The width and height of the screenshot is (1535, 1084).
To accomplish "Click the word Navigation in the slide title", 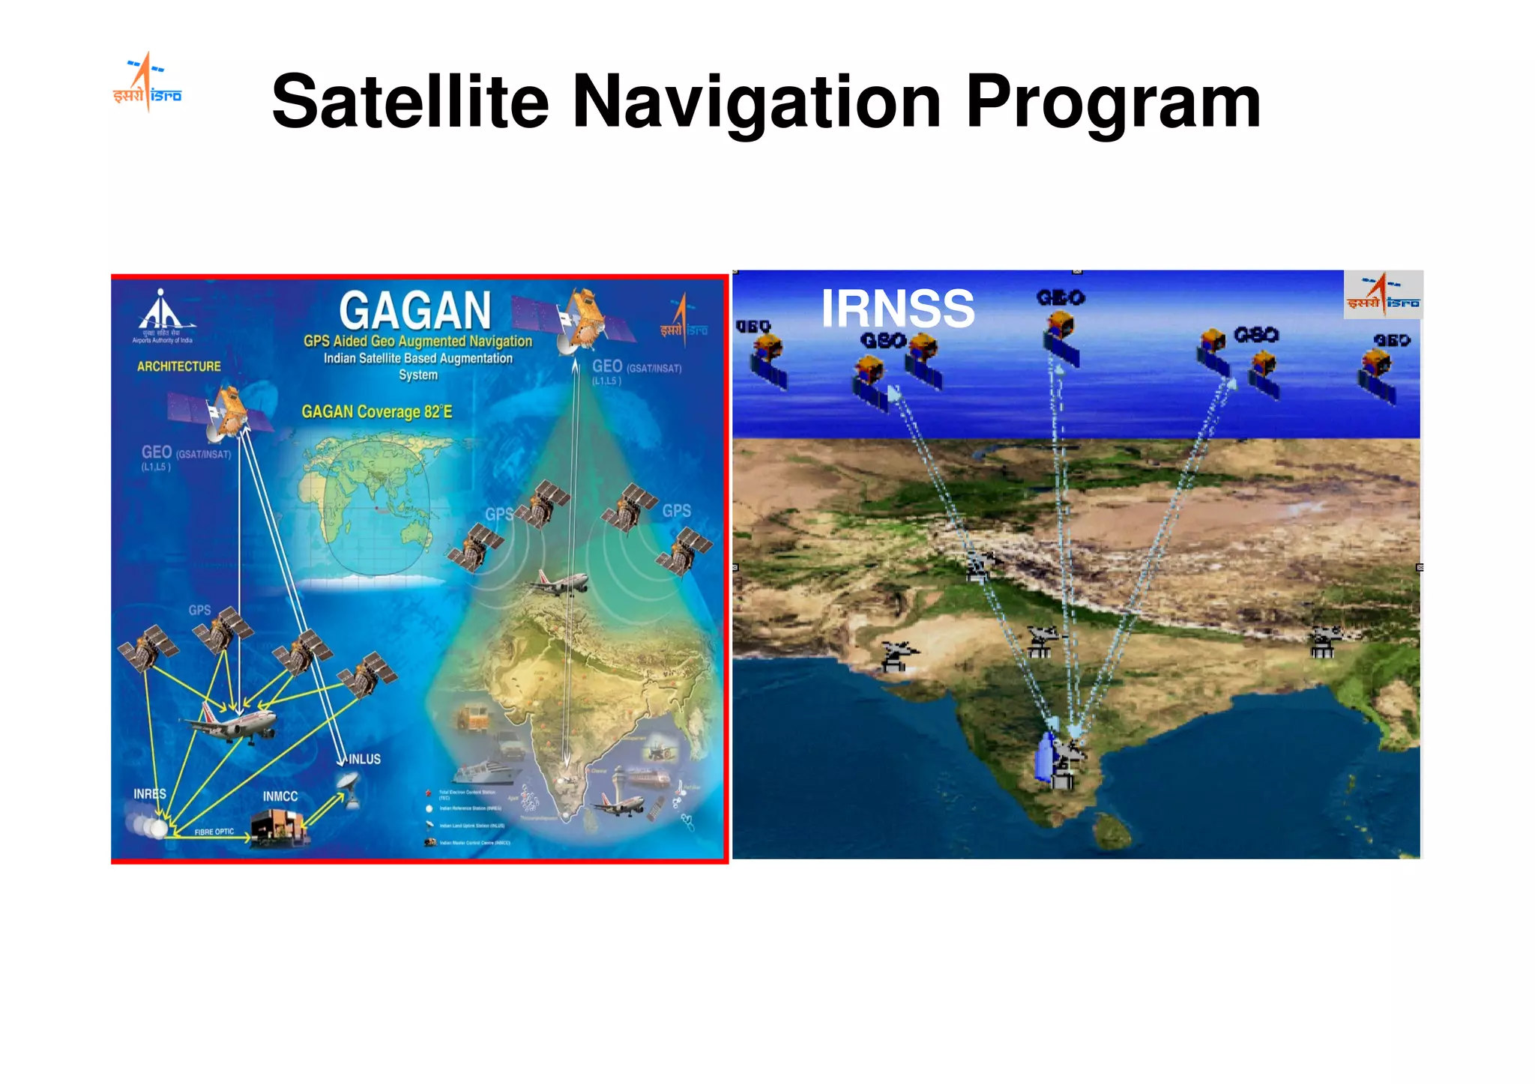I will pos(756,103).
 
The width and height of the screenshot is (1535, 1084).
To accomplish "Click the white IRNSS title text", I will pos(897,308).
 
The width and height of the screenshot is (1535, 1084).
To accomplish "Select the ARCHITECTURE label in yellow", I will pos(178,366).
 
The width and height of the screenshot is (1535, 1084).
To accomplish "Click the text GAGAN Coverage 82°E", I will pos(376,412).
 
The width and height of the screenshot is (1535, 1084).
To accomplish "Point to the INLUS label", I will pos(364,759).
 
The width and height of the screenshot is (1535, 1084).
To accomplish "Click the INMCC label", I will pos(280,796).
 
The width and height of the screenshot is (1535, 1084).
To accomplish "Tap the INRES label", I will pos(149,793).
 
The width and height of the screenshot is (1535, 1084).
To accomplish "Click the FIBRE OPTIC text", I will pos(214,832).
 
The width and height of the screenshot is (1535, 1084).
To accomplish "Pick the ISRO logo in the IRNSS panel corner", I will pos(1383,294).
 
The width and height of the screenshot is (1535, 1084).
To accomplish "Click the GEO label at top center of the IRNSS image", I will pos(1060,298).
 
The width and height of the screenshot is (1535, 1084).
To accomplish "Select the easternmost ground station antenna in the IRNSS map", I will pos(1324,642).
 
